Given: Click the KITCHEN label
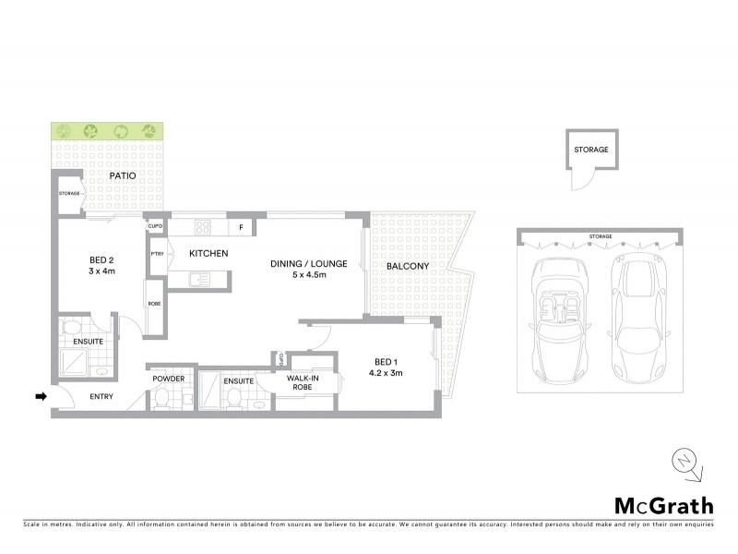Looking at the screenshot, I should click(209, 254).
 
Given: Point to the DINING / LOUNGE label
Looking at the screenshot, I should click(308, 269).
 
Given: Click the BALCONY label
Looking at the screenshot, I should click(407, 266).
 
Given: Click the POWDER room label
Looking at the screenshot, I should click(168, 379).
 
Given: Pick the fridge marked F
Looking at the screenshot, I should click(241, 227).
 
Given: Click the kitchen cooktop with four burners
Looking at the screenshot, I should click(201, 227).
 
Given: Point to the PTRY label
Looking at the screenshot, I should click(158, 254).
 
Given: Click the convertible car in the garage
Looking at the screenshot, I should click(562, 319).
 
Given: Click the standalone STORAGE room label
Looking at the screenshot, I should click(590, 149).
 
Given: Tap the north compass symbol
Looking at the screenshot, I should click(686, 464).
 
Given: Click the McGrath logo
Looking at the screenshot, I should click(664, 505).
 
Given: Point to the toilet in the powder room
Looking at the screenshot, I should click(163, 397).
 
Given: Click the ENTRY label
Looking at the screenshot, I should click(101, 397).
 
